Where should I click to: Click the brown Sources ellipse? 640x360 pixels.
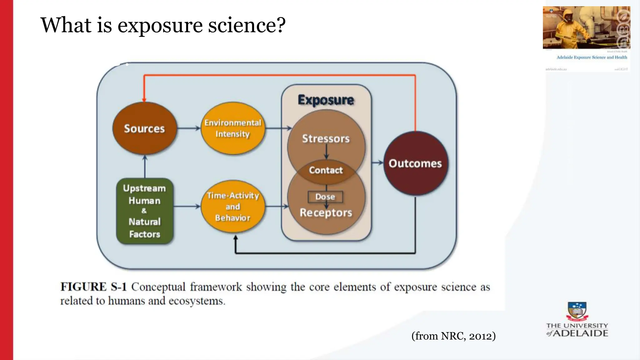coord(144,128)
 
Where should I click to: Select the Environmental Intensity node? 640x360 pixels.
coord(233,128)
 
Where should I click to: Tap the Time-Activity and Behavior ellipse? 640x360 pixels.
coord(233,207)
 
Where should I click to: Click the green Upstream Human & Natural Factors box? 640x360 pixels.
coord(144,211)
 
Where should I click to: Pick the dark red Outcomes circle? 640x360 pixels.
coord(415,163)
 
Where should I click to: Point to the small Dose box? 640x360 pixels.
coord(325,197)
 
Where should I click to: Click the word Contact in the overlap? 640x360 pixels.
coord(326,170)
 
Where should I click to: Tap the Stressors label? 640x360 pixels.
coord(326,138)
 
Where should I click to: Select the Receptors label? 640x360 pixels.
coord(326,213)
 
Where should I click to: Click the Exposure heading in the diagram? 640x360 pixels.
coord(326,100)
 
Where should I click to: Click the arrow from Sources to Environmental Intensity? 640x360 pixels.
coord(189,128)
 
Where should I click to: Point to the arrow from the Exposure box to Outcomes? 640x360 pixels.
coord(377,162)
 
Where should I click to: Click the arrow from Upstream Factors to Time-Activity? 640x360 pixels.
coord(187,206)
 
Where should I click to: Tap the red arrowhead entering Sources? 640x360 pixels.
coord(144,100)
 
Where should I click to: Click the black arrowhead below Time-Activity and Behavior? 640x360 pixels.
coord(236,238)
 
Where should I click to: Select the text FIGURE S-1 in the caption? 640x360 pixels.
coord(93,287)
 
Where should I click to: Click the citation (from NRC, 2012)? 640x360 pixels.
coord(453,336)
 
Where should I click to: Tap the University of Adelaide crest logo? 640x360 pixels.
coord(577,311)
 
